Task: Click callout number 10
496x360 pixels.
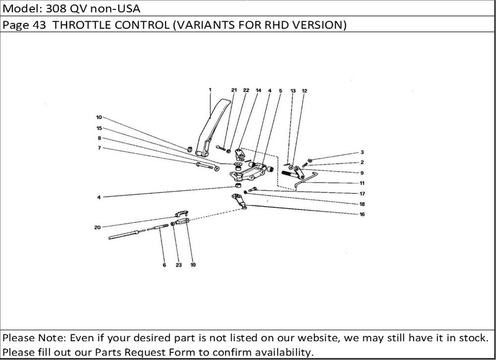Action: click(x=99, y=118)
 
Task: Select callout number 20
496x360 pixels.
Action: click(x=97, y=228)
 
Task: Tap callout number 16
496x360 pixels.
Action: click(x=362, y=215)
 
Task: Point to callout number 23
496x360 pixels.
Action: click(x=179, y=265)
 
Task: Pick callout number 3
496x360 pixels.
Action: click(x=362, y=152)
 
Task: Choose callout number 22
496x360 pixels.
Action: click(x=246, y=90)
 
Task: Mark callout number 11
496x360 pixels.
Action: click(x=362, y=183)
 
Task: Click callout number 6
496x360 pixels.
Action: click(x=165, y=265)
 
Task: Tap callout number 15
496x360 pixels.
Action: click(x=99, y=128)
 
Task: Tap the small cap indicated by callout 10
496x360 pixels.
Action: click(x=189, y=149)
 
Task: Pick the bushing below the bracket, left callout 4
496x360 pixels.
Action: click(x=238, y=184)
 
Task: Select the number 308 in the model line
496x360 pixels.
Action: click(x=56, y=8)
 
